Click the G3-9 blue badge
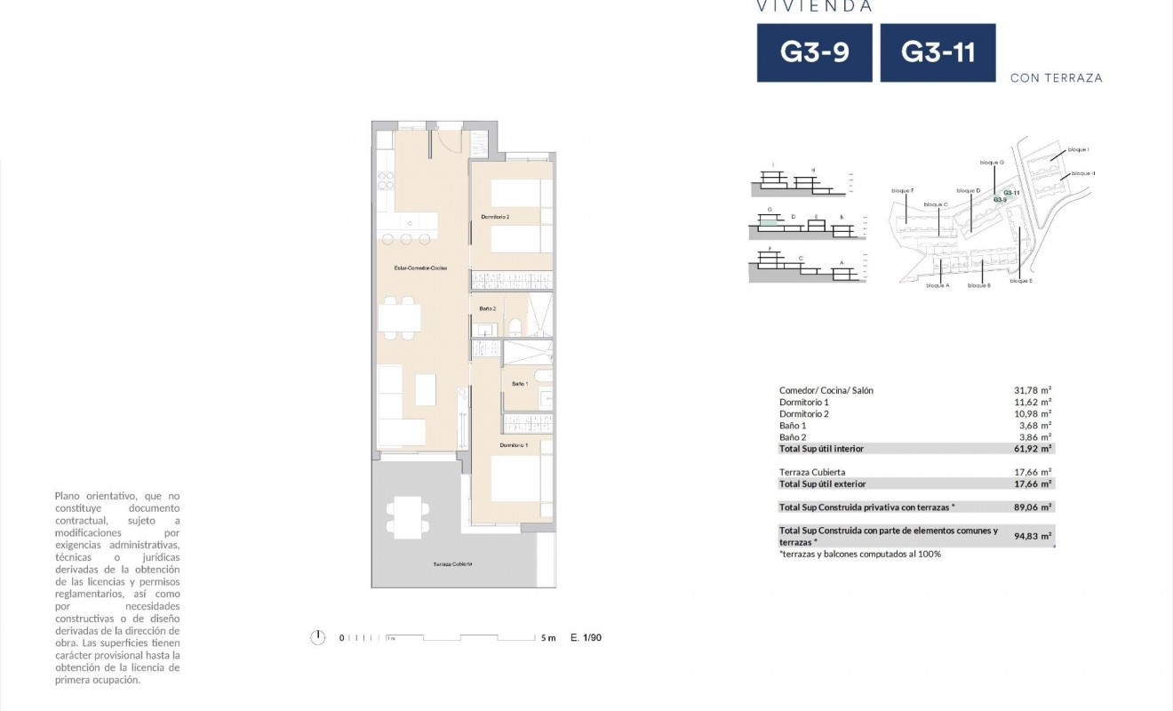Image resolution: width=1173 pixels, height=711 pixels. click(814, 52)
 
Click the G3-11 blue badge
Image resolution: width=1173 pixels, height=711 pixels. click(938, 52)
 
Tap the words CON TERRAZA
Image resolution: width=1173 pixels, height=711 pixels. click(1056, 78)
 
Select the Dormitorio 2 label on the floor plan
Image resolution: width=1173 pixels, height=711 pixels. click(495, 217)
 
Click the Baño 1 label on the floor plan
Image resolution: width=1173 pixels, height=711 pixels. click(520, 383)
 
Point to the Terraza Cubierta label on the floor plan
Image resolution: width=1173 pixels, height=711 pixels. click(452, 564)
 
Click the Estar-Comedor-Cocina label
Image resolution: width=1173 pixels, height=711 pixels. click(420, 268)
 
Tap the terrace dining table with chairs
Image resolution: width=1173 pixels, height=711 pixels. click(404, 516)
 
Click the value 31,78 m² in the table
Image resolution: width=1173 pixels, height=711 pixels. click(1033, 390)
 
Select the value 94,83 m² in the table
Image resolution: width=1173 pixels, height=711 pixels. click(1033, 536)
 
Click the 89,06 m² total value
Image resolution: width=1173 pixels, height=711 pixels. click(1033, 507)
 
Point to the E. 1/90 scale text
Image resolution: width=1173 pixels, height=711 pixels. click(586, 637)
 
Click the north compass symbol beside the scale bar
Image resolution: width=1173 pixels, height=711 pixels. click(317, 637)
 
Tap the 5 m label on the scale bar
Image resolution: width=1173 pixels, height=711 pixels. click(547, 637)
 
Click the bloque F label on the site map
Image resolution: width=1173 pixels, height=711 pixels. click(902, 190)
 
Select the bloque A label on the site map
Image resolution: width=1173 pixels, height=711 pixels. click(938, 285)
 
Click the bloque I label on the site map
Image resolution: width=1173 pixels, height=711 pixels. click(1079, 149)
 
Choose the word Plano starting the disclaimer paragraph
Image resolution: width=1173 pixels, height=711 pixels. click(68, 495)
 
